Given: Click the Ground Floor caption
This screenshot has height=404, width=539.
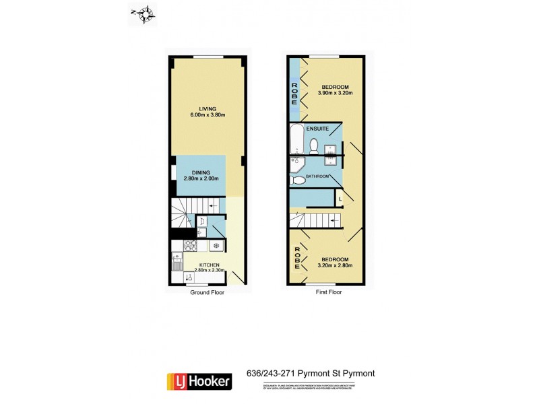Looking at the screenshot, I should coord(206,293).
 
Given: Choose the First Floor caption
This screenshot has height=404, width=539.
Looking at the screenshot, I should coord(327,293).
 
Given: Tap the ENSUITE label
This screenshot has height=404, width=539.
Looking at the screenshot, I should coord(317,127).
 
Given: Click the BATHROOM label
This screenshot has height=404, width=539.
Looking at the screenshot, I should coord(317,176).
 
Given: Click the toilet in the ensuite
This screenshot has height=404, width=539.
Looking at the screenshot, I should coord(315,144).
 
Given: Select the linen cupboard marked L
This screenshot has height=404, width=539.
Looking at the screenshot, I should coord(340,199).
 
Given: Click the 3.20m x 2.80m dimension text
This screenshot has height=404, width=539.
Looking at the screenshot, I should coord(335,265).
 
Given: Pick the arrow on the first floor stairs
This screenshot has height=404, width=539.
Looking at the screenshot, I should coord(333,220).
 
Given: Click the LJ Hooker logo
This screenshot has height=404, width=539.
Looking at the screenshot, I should coord(199,380).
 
